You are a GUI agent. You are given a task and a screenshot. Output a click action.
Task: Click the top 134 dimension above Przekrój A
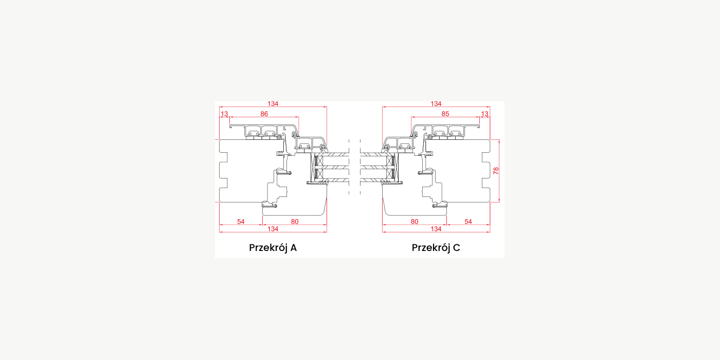pos(273,104)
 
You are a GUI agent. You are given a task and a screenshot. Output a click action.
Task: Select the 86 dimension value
pos(264,114)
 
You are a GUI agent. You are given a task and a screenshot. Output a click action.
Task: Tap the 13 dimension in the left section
pos(224,114)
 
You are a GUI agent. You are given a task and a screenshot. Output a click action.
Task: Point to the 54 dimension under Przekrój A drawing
pos(241,222)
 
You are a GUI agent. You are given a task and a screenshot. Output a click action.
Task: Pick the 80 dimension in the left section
pos(294,222)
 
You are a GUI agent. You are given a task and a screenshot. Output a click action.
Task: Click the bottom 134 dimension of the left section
pos(273,229)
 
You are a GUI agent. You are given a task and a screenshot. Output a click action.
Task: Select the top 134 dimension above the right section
pos(436,104)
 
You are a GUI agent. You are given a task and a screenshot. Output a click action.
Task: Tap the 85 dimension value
pos(445,114)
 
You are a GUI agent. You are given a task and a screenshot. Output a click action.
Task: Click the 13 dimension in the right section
pos(484,114)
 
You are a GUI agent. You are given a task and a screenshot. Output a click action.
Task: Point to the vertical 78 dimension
pos(496,171)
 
